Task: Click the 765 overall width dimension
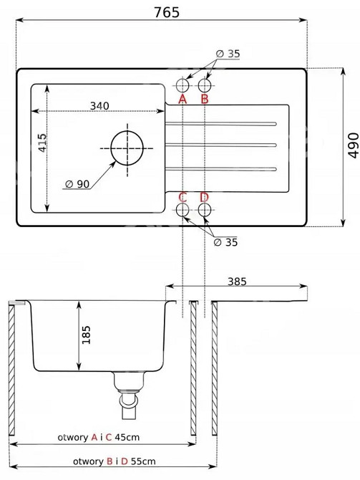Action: [167, 13]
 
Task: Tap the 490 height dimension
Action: [354, 145]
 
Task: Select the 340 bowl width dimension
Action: [99, 105]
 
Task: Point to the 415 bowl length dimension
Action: [42, 143]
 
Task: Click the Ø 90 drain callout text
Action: [77, 184]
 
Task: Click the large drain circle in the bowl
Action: [127, 148]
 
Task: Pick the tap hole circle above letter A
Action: [183, 85]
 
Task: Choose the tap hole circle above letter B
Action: [205, 85]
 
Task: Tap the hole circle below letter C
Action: [183, 210]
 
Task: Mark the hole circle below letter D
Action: [205, 210]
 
